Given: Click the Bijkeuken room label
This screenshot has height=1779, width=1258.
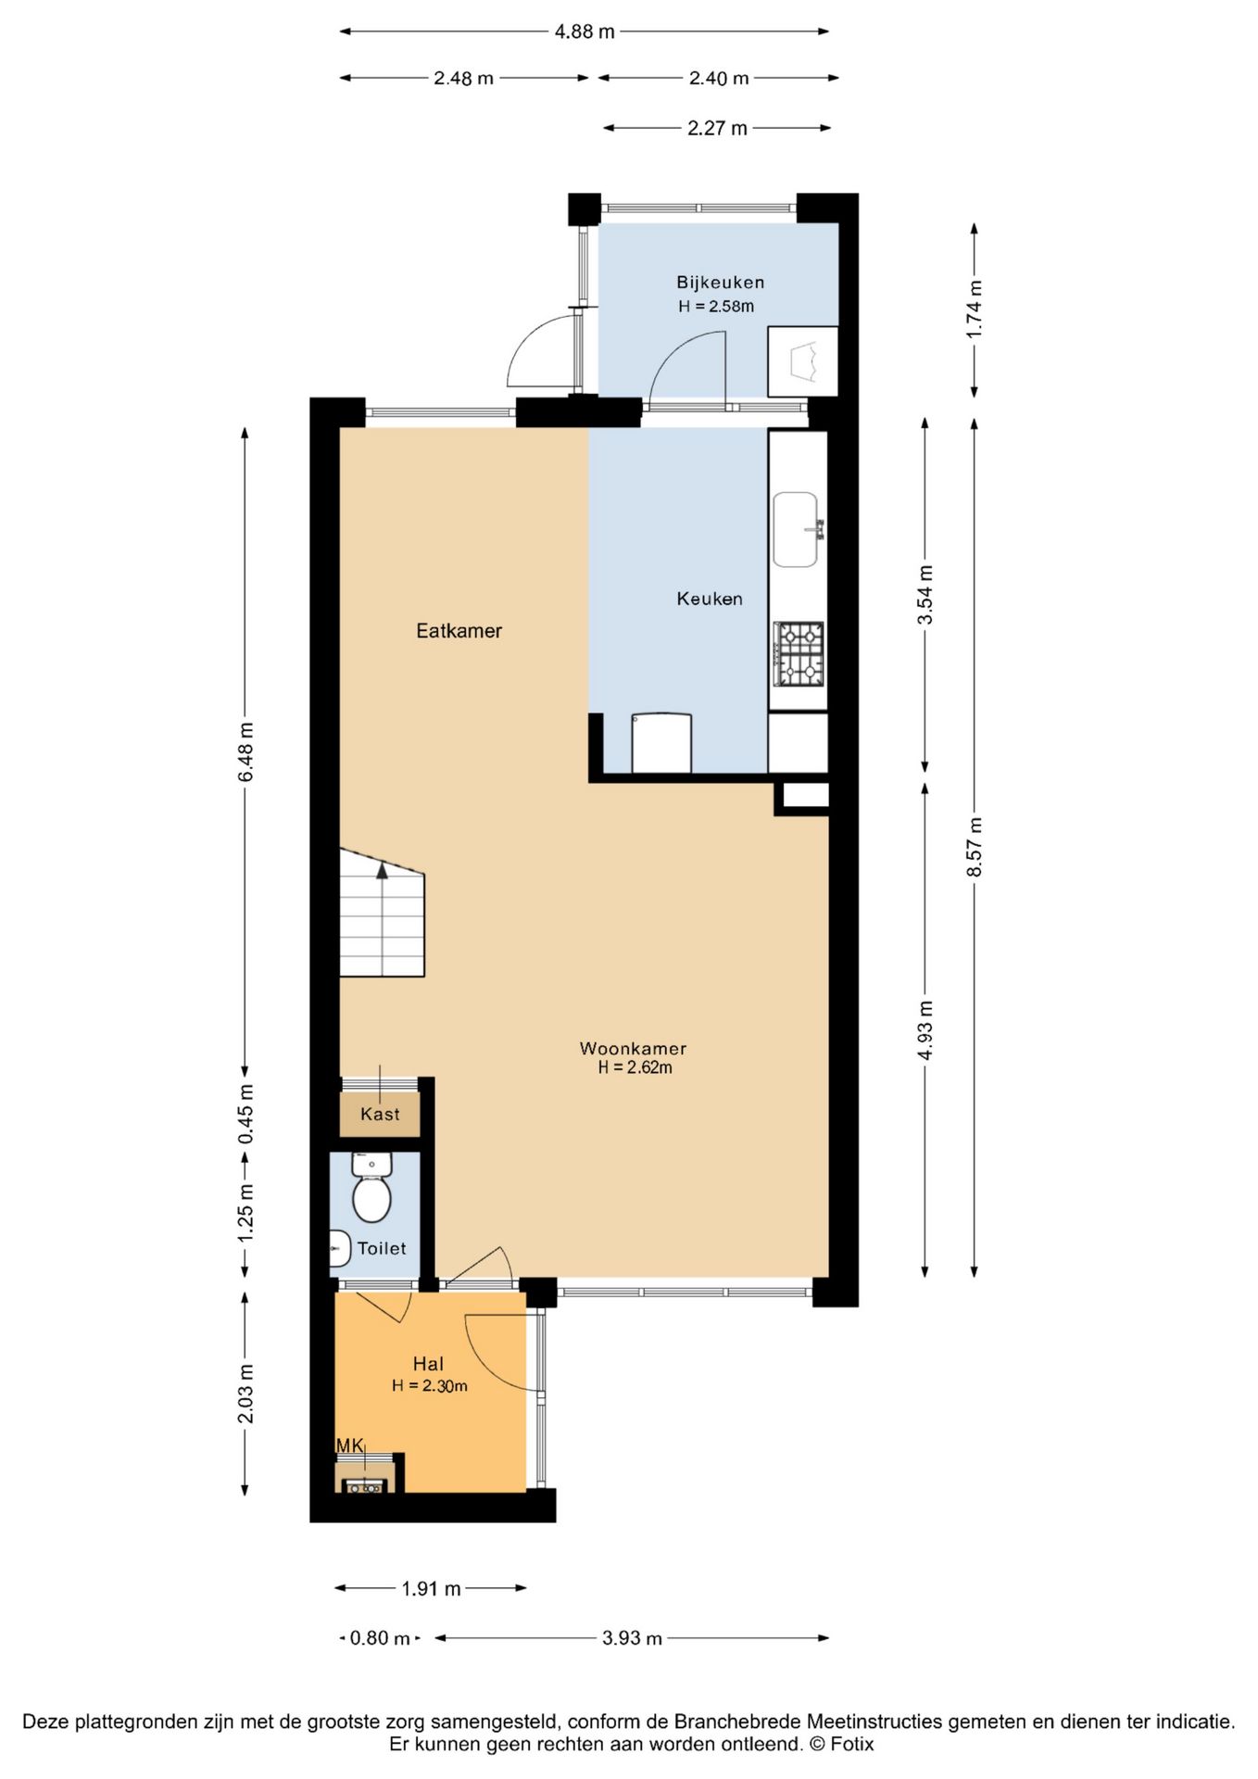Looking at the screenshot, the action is click(720, 283).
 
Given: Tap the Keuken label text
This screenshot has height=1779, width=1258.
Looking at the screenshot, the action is click(710, 599).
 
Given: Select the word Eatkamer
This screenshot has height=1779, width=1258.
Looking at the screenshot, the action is click(459, 631).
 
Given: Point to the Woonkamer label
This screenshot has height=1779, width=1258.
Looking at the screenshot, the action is click(633, 1048).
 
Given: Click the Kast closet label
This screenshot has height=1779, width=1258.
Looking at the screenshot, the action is click(380, 1114).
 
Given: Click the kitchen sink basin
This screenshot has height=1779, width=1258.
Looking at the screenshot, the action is click(796, 529).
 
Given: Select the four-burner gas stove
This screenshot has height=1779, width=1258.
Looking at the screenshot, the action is click(799, 654).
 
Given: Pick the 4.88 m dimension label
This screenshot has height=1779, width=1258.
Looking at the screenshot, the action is click(585, 32).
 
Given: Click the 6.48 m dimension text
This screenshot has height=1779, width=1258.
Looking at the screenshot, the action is click(245, 751).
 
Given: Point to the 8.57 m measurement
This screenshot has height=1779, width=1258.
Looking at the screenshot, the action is click(975, 847).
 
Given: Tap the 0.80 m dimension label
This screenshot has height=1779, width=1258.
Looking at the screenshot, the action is click(380, 1638).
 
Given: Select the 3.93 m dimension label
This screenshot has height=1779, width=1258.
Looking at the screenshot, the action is click(632, 1638).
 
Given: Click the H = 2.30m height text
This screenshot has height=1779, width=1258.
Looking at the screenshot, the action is click(429, 1386).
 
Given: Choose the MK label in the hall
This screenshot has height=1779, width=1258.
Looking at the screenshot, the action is click(349, 1445).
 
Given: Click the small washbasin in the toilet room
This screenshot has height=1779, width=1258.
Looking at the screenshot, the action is click(339, 1248).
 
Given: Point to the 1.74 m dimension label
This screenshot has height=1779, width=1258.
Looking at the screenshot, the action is click(975, 309).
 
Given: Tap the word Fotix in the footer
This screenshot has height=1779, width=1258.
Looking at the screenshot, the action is click(851, 1744).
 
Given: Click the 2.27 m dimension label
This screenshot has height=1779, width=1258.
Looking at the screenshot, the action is click(717, 128).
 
